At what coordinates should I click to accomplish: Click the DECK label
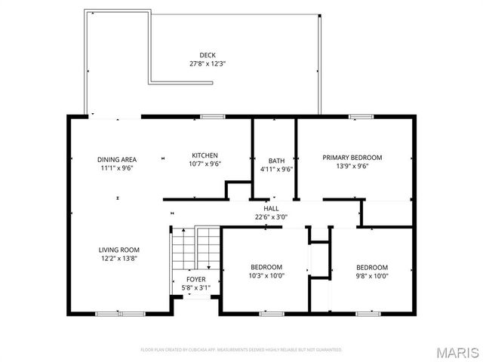pos(208,54)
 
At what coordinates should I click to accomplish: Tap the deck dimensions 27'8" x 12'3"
pos(208,63)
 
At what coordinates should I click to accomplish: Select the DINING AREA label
pos(117,159)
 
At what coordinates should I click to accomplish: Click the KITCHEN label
pos(205,155)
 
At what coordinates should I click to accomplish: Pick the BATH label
pos(276,161)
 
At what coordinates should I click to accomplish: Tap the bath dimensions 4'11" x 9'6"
pos(276,169)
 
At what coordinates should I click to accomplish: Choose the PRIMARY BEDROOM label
pos(352,158)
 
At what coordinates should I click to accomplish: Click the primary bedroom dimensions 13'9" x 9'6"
pos(352,167)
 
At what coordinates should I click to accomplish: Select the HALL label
pos(271,208)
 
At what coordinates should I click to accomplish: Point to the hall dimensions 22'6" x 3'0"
pos(271,217)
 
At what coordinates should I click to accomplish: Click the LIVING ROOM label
pos(119,250)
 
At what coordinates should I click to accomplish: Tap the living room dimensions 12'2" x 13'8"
pos(119,259)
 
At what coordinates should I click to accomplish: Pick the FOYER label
pos(195,280)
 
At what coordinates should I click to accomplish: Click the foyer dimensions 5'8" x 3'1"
pos(195,288)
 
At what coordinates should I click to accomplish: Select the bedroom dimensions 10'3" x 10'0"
pos(266,276)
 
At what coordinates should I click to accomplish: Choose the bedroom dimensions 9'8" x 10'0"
pos(371,276)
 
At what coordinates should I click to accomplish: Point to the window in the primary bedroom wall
pos(361,116)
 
